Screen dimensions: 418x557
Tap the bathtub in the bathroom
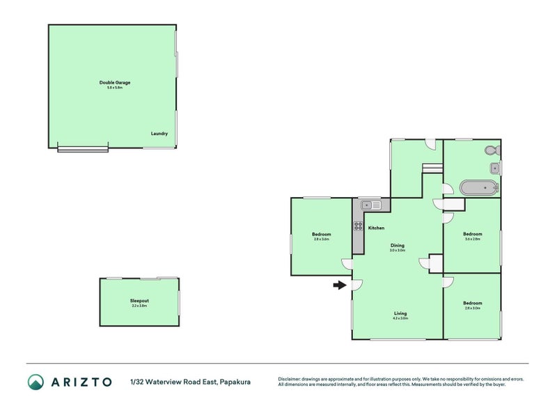(478, 187)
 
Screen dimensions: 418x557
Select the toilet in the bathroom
(491, 150)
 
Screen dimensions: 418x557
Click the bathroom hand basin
(494, 167)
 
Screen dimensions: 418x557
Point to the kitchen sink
(370, 205)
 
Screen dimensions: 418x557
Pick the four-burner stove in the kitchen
(359, 226)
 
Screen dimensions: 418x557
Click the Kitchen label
(376, 229)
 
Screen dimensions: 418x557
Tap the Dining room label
(397, 245)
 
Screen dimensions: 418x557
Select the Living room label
(400, 313)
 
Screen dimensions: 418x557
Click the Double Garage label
(114, 83)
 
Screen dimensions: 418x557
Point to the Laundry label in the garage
(159, 134)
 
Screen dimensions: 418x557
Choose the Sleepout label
(139, 301)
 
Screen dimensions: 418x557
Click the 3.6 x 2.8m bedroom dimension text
(473, 239)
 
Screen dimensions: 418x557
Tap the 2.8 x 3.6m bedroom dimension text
(322, 239)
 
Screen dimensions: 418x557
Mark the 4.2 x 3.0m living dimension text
(400, 318)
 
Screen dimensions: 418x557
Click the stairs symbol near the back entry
(432, 169)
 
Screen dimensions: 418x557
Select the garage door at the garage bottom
(83, 148)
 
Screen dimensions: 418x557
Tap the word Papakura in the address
(235, 382)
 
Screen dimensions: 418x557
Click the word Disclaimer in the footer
(291, 379)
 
